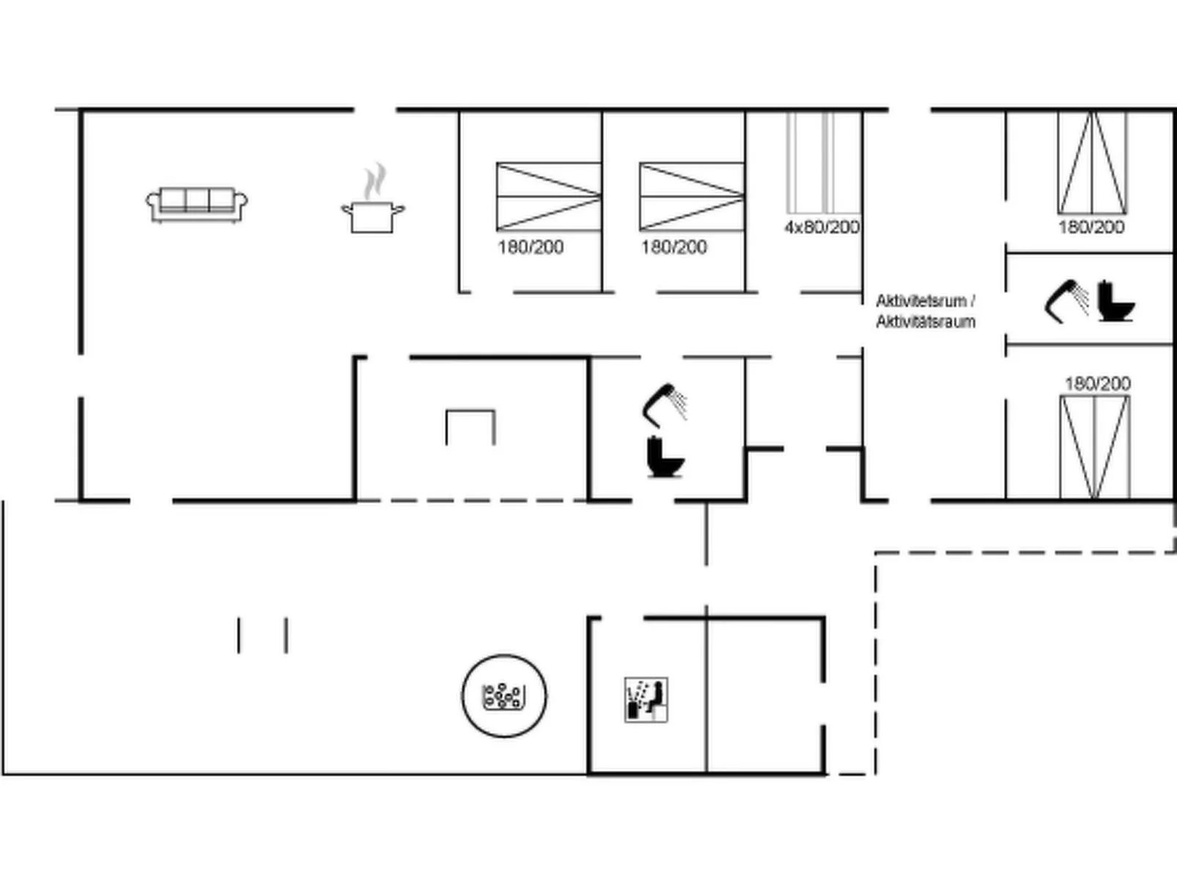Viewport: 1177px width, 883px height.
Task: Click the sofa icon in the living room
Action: coord(196,204)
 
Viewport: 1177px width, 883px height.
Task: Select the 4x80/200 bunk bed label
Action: coord(822,227)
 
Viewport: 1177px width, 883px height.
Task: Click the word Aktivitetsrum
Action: coord(920,301)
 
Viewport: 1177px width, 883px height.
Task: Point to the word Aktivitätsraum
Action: coord(926,322)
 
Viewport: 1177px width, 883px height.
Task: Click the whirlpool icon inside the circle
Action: coord(503,696)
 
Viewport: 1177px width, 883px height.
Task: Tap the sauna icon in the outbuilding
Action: coord(646,700)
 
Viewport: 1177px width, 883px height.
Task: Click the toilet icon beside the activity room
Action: coord(1115,301)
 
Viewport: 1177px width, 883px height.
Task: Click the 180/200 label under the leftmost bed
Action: coord(531,247)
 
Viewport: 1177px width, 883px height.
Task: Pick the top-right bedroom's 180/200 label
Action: coord(1091,227)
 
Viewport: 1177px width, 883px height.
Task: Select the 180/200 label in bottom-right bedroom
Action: coord(1097,383)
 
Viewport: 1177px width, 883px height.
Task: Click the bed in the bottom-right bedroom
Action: coord(1095,447)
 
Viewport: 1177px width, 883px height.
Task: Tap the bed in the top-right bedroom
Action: coord(1092,163)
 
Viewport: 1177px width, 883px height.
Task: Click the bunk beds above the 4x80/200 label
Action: coord(823,163)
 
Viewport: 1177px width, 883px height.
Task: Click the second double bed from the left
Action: coord(691,196)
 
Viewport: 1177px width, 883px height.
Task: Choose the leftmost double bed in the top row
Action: coord(548,196)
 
